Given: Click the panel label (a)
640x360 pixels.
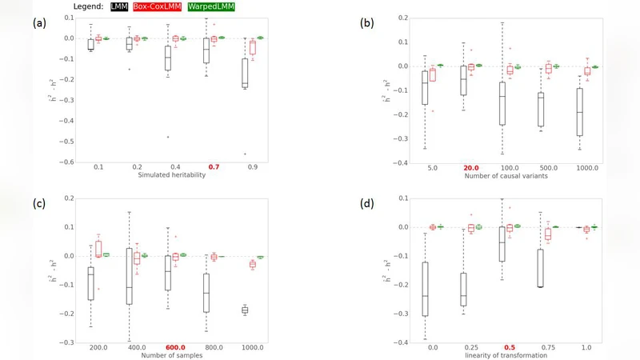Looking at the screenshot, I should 38,22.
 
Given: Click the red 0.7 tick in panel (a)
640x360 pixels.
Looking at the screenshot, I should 214,166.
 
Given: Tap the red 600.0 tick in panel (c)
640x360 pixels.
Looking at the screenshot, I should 175,346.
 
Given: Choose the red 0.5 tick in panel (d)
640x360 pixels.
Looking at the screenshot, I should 509,346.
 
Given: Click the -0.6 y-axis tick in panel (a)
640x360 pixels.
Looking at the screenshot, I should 70,162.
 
